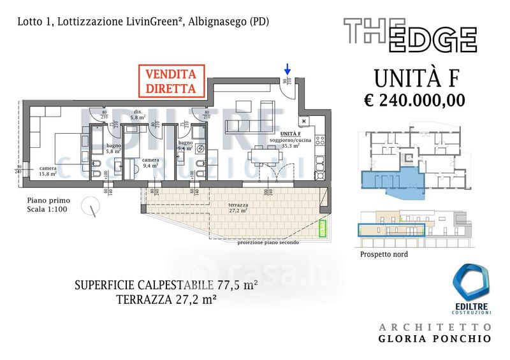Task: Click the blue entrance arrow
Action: pyautogui.click(x=288, y=68)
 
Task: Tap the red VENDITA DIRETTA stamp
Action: pyautogui.click(x=170, y=80)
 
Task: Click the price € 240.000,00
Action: pyautogui.click(x=414, y=100)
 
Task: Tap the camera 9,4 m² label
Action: pyautogui.click(x=150, y=162)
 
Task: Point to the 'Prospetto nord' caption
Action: pyautogui.click(x=384, y=254)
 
